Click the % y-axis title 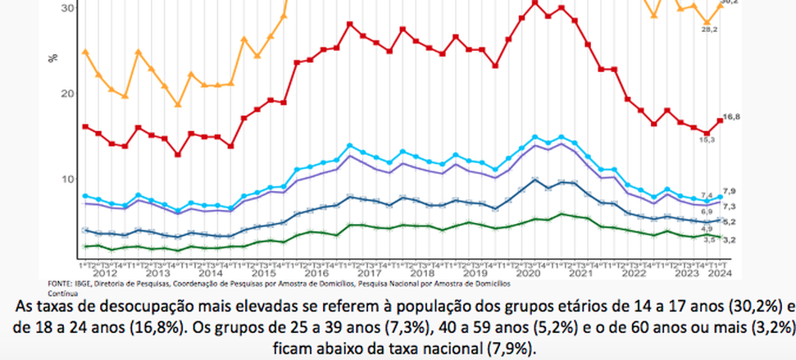coord(53,58)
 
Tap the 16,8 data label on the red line coord(729,118)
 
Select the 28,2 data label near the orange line coord(704,29)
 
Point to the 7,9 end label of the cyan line coord(729,191)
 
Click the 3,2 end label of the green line coord(729,239)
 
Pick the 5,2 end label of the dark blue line coord(729,221)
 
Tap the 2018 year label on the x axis coord(424,273)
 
